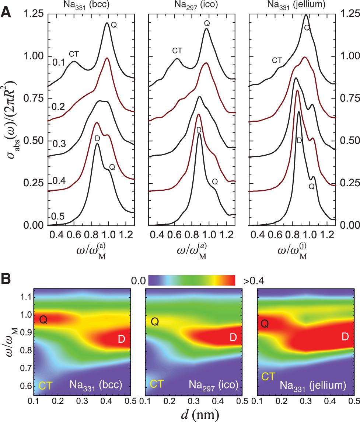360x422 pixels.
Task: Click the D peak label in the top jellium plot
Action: click(x=299, y=140)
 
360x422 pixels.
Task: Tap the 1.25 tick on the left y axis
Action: click(x=34, y=14)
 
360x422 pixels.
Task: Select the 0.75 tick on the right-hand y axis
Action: click(x=349, y=98)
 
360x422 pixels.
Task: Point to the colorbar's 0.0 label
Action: click(x=139, y=280)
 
